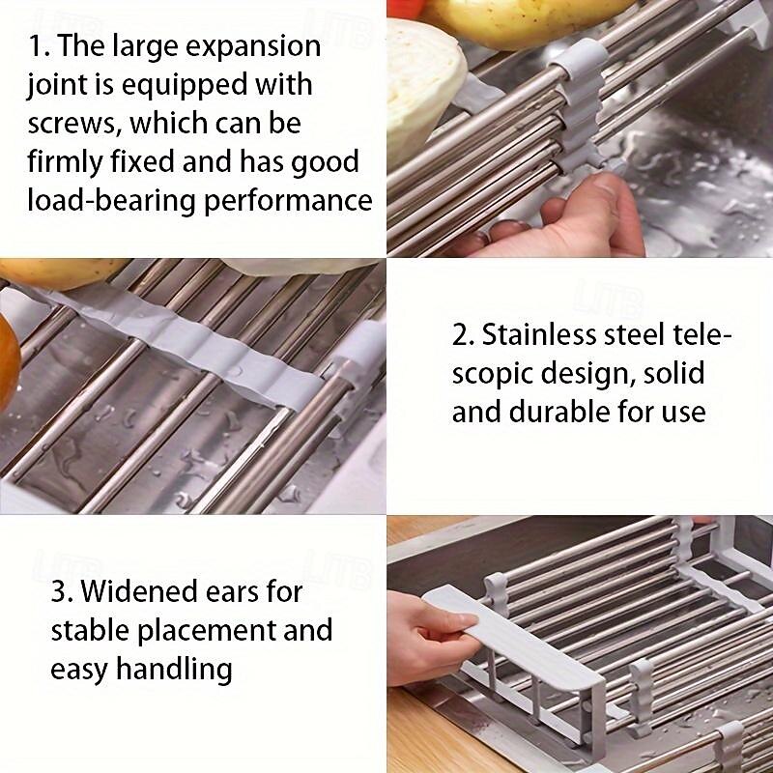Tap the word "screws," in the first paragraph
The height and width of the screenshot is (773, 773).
(x=74, y=123)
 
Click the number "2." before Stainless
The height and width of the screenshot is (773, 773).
(x=463, y=334)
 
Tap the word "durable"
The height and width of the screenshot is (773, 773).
(x=559, y=412)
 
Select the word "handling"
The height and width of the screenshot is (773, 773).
(x=174, y=670)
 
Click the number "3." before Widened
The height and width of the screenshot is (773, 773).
(x=62, y=591)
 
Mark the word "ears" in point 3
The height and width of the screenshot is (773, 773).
(x=231, y=591)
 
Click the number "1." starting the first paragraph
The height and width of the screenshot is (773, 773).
(x=39, y=47)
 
